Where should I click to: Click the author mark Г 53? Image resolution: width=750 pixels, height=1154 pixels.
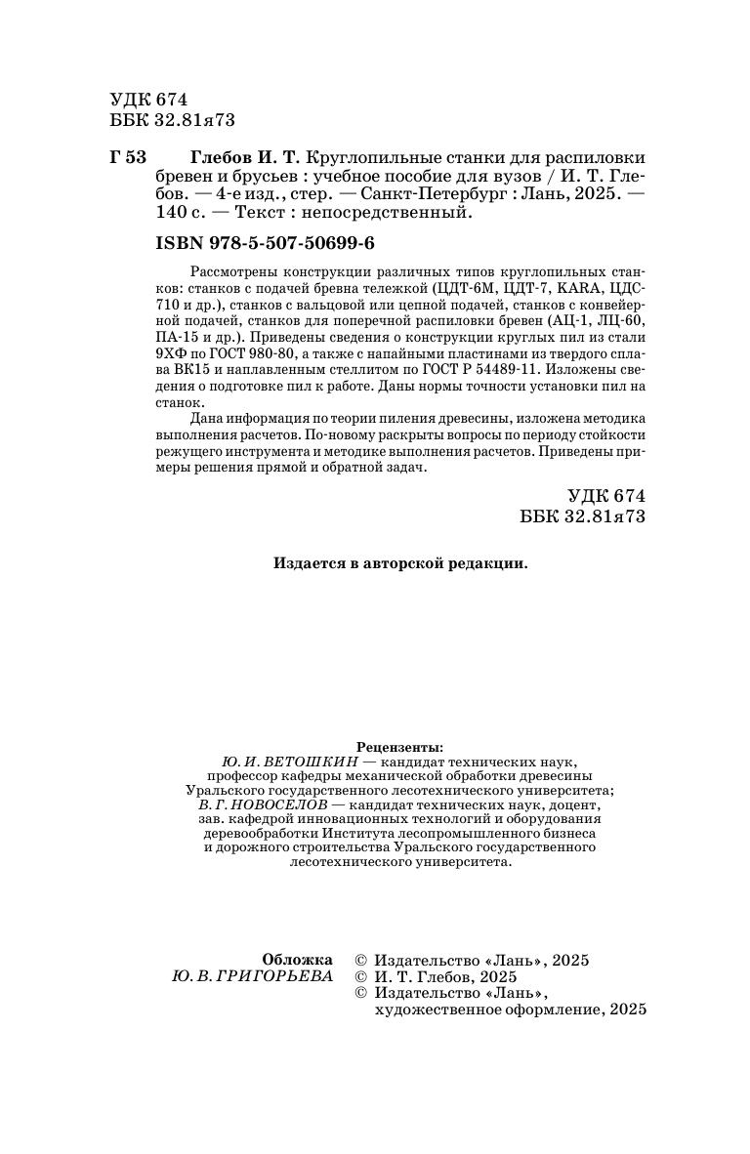128,158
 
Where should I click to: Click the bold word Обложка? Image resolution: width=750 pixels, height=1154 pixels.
297,960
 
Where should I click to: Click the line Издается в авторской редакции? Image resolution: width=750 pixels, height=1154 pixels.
400,563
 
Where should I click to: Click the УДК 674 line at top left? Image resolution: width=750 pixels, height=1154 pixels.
148,100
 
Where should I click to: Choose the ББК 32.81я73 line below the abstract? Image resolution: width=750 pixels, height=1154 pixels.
583,516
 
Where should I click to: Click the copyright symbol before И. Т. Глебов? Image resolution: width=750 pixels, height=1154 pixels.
359,976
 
